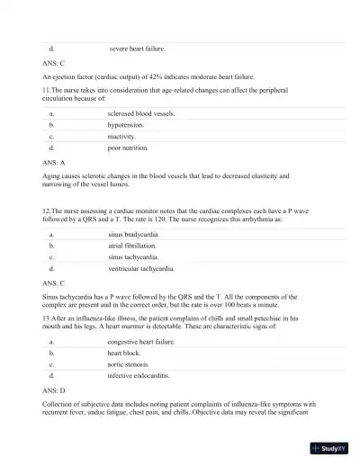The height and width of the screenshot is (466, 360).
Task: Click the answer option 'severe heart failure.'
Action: tap(137, 49)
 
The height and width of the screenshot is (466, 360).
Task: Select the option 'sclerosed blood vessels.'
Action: tap(140, 114)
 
